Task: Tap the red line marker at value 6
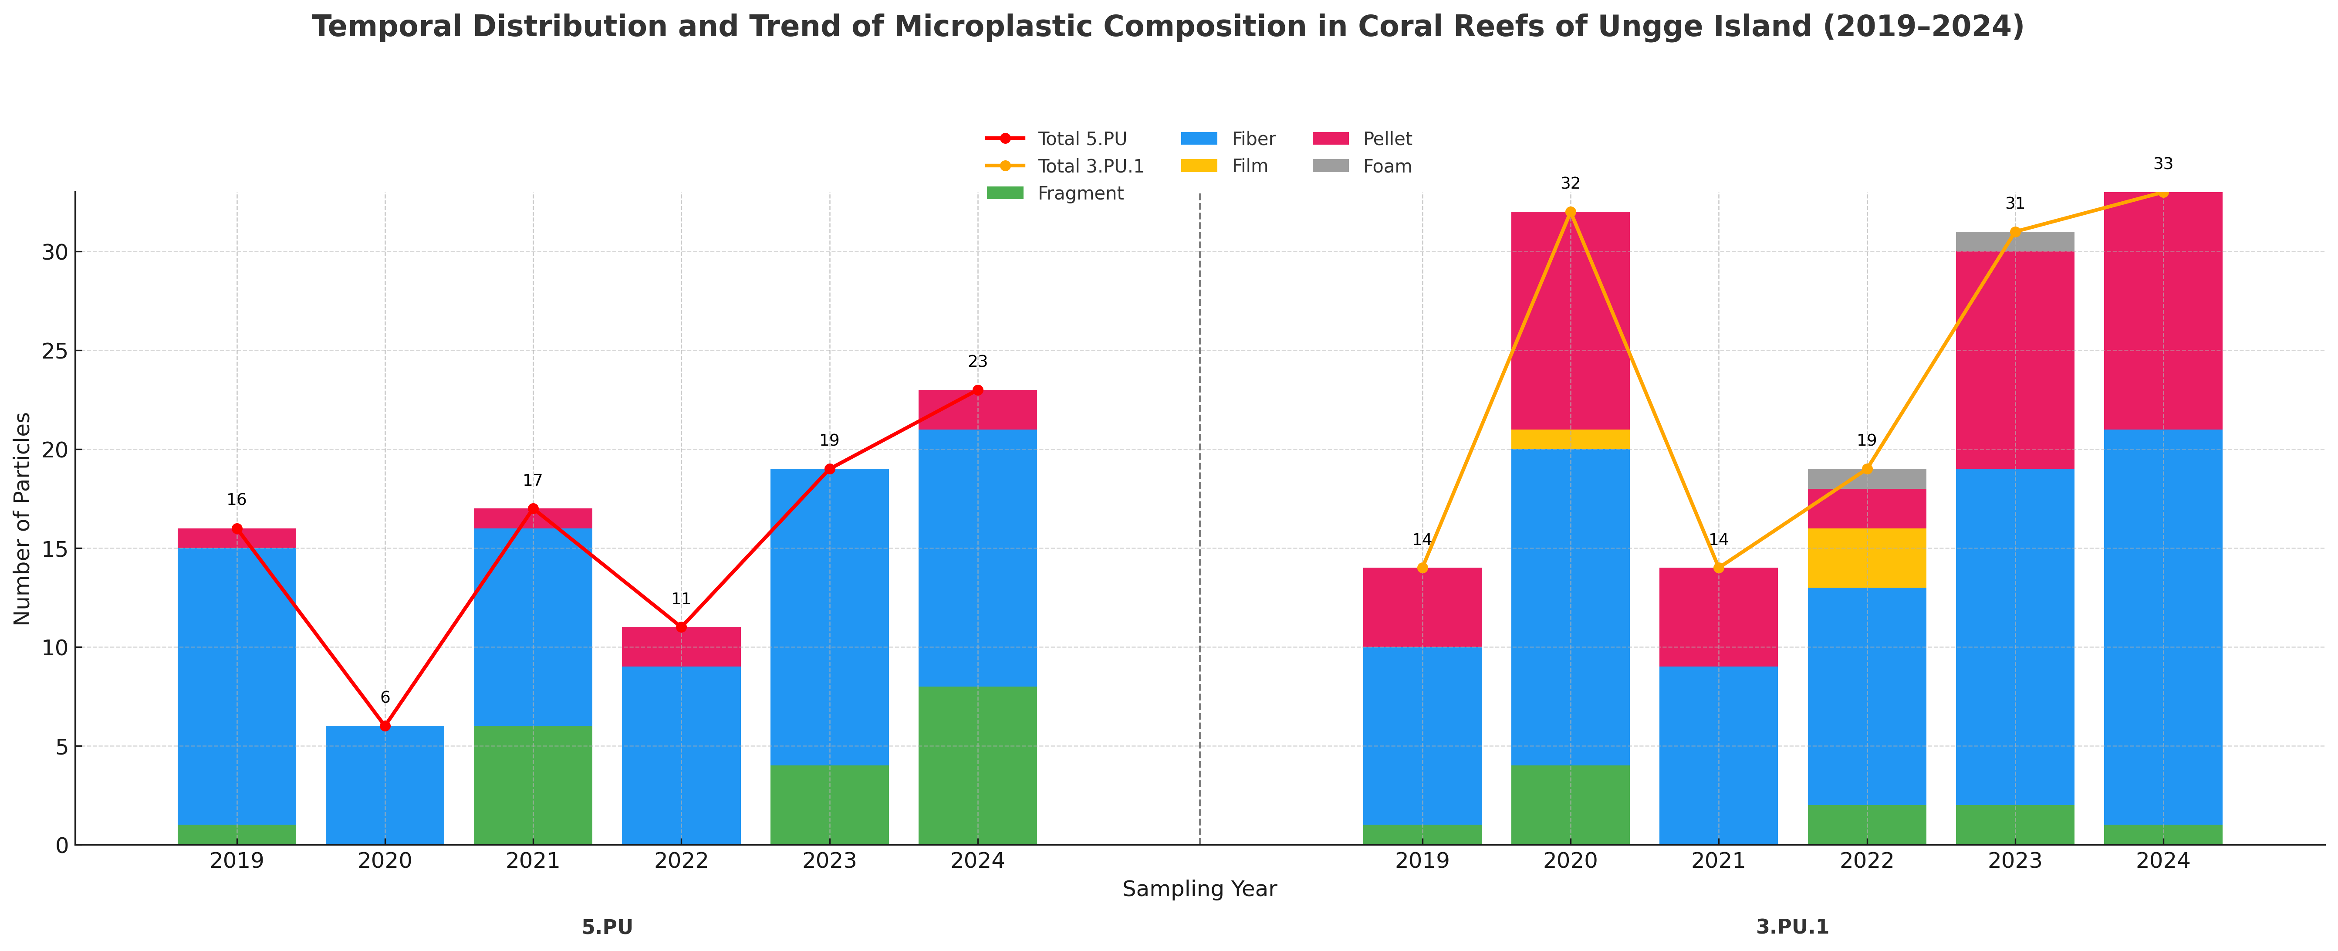click(x=385, y=726)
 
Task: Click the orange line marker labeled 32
click(x=1570, y=212)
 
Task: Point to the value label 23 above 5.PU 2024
click(x=977, y=362)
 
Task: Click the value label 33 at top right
click(x=2163, y=164)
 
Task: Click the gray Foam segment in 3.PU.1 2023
click(x=2015, y=241)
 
